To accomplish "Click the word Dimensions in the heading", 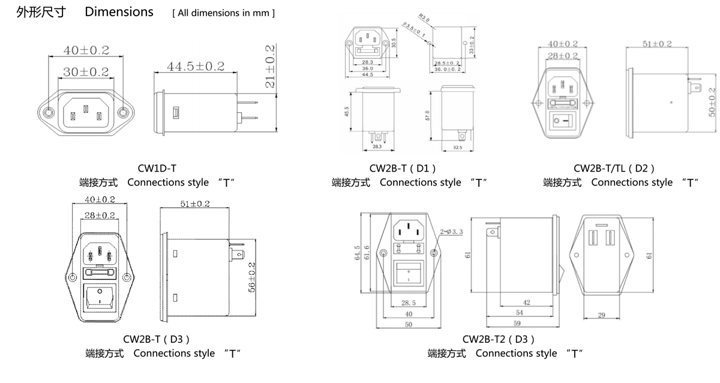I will coord(119,12).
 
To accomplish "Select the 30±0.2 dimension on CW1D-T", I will coord(86,72).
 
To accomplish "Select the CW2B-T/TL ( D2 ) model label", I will coord(614,169).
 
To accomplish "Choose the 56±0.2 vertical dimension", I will coord(252,277).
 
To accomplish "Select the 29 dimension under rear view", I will coord(602,315).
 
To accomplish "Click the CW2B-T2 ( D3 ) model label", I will coord(498,340).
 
